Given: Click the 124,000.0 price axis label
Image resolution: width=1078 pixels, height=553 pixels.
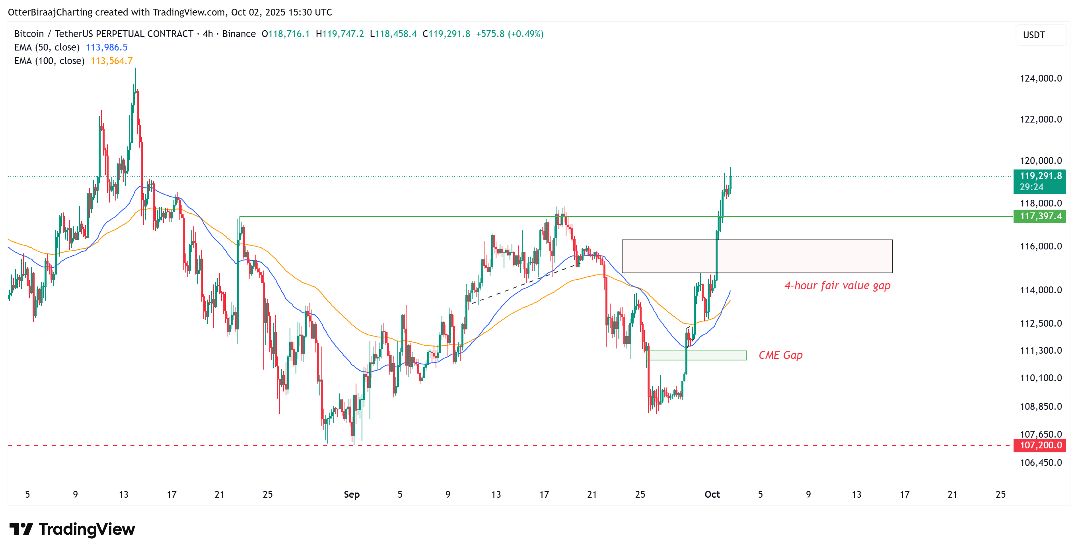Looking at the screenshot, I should pyautogui.click(x=1040, y=78).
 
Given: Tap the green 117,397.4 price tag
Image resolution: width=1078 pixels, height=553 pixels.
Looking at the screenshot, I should pyautogui.click(x=1040, y=216).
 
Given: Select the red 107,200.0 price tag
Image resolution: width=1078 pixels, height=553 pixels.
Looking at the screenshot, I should pyautogui.click(x=1040, y=445).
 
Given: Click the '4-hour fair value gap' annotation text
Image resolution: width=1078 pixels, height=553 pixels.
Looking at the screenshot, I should pyautogui.click(x=837, y=286).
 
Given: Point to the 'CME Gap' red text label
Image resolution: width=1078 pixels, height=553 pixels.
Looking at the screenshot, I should pyautogui.click(x=780, y=355).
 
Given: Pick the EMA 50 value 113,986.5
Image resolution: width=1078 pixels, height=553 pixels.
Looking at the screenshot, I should pyautogui.click(x=106, y=47).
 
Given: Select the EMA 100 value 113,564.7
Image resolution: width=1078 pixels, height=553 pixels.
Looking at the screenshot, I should pyautogui.click(x=111, y=61).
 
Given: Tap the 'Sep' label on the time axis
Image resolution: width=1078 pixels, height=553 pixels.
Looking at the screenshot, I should pyautogui.click(x=352, y=495).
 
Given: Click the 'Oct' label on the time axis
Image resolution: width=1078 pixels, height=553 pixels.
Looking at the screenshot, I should pyautogui.click(x=712, y=495).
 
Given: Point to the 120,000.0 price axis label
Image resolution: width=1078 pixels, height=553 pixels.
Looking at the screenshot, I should pyautogui.click(x=1040, y=161).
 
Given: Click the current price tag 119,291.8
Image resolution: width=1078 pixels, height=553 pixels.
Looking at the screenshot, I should pyautogui.click(x=1040, y=176).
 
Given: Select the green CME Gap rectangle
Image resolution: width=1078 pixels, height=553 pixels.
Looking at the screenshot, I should pyautogui.click(x=697, y=355).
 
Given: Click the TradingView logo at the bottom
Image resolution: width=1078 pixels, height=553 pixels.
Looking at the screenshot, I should pyautogui.click(x=72, y=529).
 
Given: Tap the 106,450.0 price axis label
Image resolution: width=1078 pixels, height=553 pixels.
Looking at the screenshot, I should pyautogui.click(x=1040, y=463).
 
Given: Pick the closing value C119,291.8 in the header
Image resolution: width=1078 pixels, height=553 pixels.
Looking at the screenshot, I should pyautogui.click(x=446, y=34).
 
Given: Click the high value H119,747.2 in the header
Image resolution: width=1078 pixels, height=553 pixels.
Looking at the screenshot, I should pyautogui.click(x=339, y=34).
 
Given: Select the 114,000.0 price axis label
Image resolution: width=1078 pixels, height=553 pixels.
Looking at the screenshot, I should pyautogui.click(x=1040, y=290).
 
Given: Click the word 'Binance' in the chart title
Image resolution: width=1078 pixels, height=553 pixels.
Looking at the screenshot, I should pyautogui.click(x=239, y=34).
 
